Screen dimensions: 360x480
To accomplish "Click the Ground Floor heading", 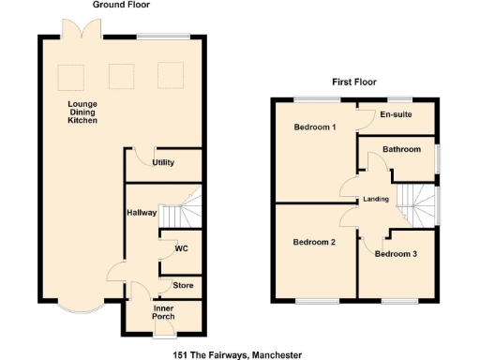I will [120, 6].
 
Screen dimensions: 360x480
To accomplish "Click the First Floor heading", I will [353, 82].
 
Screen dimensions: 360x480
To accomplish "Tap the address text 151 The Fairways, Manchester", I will [237, 354].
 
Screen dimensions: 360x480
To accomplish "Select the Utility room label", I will [163, 163].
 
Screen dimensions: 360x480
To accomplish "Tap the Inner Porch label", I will [163, 312].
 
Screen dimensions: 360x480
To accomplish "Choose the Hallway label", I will [141, 213].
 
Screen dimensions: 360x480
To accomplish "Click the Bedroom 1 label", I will [315, 127].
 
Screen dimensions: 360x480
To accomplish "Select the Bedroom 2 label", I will [314, 242].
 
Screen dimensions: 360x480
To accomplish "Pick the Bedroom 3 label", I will [395, 253].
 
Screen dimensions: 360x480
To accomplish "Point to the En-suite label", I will [397, 115].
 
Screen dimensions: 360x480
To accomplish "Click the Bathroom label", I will [401, 149].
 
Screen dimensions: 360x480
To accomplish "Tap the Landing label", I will [376, 199].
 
